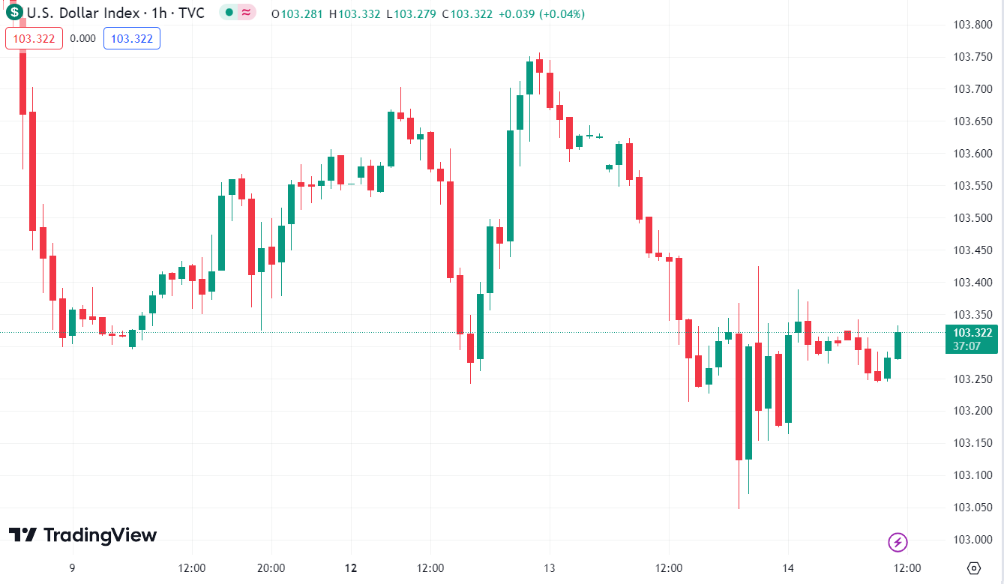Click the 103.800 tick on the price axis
pos(972,25)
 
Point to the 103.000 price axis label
pos(972,540)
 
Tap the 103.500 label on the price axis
pos(972,218)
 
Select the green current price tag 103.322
pos(972,334)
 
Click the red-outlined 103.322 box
pos(34,39)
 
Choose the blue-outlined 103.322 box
pos(132,39)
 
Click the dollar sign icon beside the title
pos(15,13)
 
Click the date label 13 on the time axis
pos(549,568)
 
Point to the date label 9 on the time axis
pos(72,568)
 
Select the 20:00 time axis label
pos(271,568)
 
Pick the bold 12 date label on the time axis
pos(350,568)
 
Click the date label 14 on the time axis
pos(788,568)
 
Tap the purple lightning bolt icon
pos(898,541)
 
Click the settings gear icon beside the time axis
pos(973,568)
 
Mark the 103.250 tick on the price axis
pos(972,379)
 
